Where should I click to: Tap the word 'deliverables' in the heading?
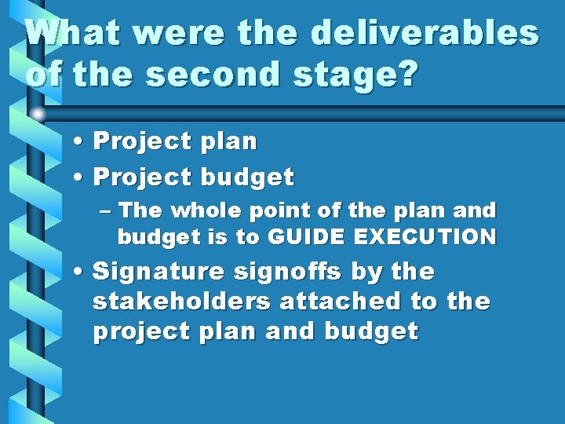coord(425,34)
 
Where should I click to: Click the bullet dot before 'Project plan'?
coord(81,142)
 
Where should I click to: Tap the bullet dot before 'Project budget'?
coord(81,178)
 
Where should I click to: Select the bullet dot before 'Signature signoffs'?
coord(81,272)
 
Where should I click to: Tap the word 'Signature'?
coord(159,272)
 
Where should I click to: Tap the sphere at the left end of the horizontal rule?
coord(37,115)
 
